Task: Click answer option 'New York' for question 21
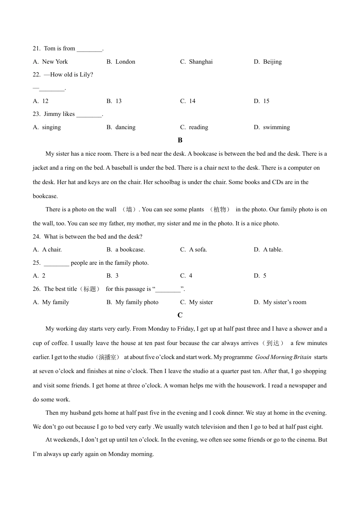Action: pos(55,62)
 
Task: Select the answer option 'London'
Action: pos(125,62)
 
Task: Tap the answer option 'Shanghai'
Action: pos(200,62)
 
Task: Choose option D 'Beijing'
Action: pos(272,62)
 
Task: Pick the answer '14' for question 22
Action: pos(192,101)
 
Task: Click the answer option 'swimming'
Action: pos(276,127)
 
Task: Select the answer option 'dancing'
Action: pos(125,127)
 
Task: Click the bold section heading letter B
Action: pos(180,141)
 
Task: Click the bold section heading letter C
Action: pos(180,315)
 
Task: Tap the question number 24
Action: pos(36,237)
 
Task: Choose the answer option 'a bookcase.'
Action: pos(130,250)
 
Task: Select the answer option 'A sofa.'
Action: pos(198,250)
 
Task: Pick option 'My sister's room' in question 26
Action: pos(285,302)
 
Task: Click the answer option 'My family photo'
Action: pos(137,302)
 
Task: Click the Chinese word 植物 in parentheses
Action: pos(220,209)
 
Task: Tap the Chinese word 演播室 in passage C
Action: pos(108,357)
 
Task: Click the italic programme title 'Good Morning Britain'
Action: pos(283,357)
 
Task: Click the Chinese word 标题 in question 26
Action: pos(90,289)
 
